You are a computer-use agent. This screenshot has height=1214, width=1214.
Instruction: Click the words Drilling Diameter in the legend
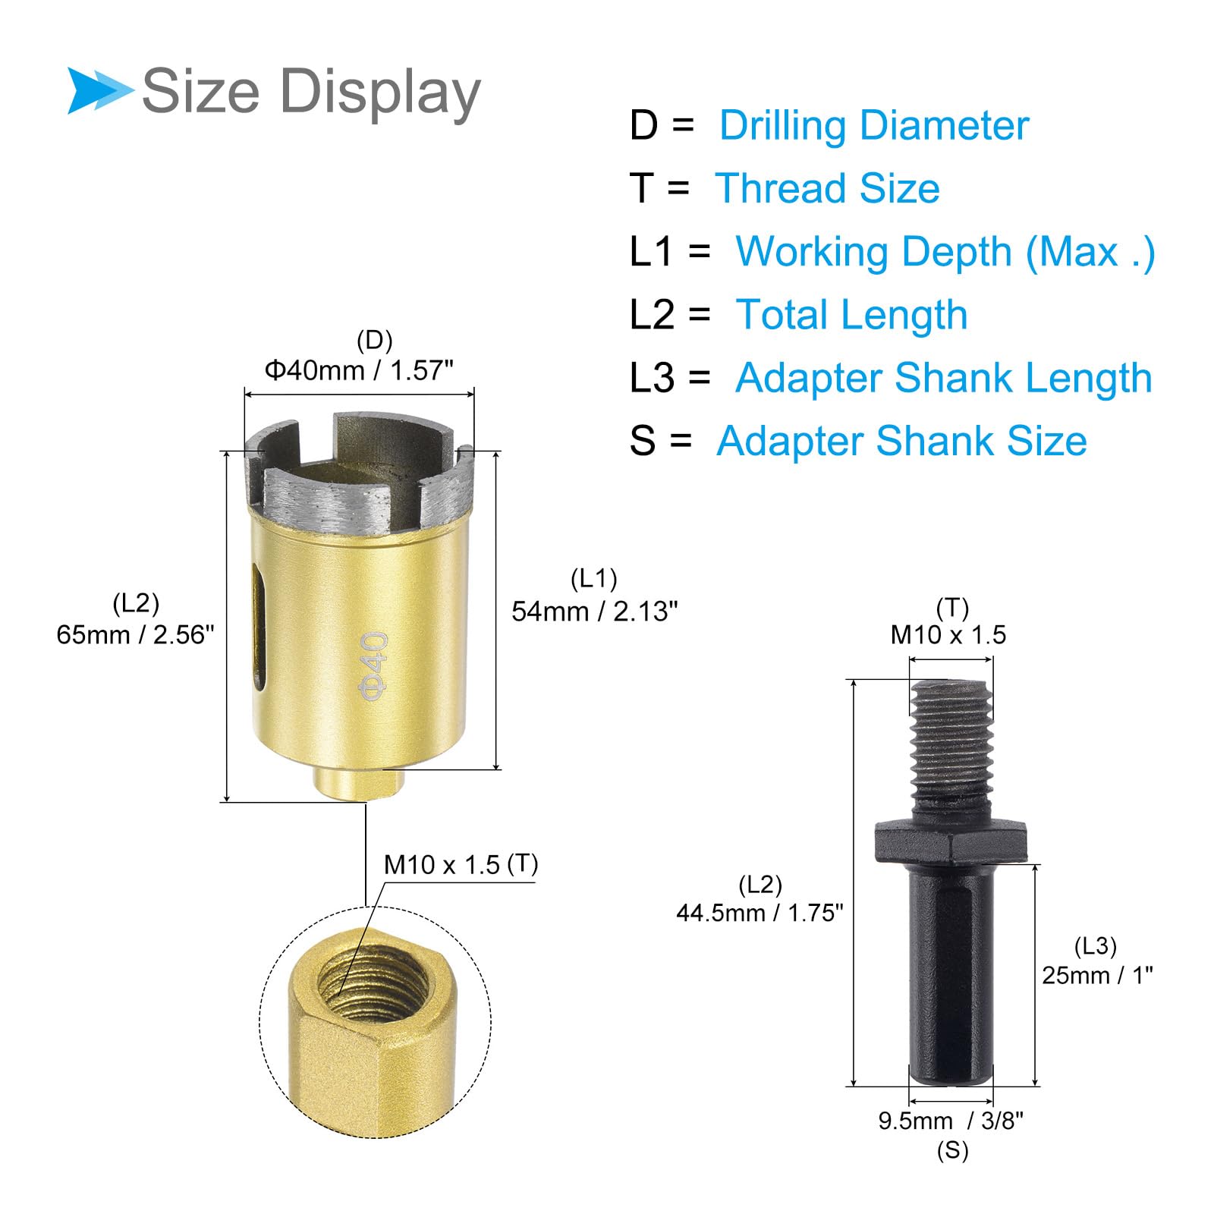pos(874,125)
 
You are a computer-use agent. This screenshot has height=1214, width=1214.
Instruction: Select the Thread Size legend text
pos(827,188)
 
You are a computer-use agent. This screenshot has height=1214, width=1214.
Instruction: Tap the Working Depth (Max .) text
pos(945,252)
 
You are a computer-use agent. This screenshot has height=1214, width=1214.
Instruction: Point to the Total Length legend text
pos(851,315)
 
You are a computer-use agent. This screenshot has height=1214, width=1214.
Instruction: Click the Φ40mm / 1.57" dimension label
pos(359,370)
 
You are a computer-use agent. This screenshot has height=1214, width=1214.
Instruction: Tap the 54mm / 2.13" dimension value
pos(595,611)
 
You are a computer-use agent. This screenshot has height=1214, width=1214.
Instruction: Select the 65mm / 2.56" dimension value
pos(136,634)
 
